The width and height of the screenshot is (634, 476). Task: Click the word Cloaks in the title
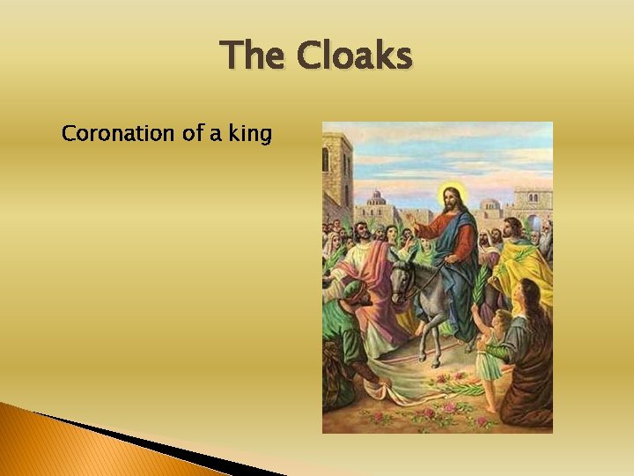(354, 56)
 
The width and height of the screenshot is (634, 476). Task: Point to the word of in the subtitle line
(192, 135)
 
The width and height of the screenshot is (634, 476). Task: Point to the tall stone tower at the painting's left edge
(336, 172)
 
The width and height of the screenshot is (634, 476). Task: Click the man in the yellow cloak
(520, 264)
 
